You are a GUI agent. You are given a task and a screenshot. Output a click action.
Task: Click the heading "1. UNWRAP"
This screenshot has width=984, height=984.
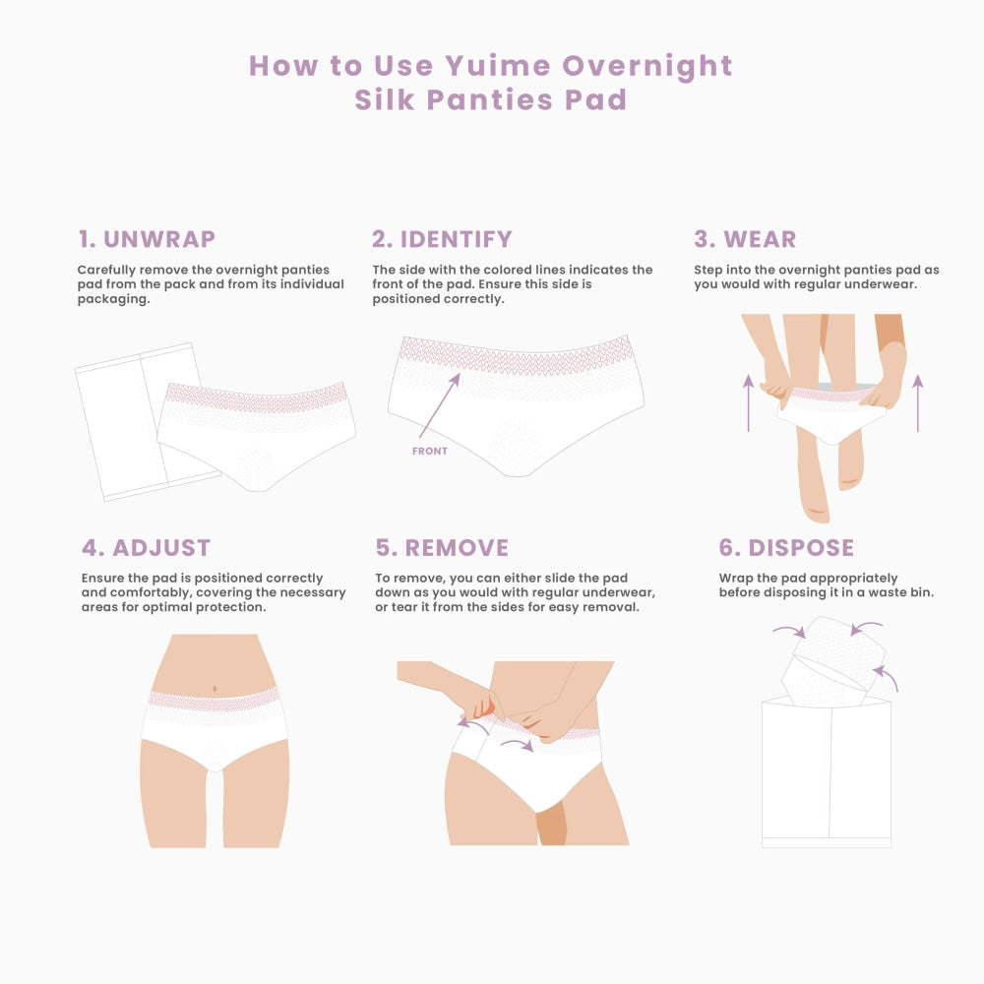coord(147,239)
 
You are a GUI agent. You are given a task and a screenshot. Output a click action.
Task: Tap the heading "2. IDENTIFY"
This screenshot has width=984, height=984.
coord(442,239)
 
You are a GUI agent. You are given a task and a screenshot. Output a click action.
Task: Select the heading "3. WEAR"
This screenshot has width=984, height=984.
coord(745,239)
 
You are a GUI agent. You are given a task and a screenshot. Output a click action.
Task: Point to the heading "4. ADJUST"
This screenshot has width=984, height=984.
coord(147,548)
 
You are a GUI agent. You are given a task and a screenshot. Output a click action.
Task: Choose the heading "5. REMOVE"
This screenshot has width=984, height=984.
coord(442,548)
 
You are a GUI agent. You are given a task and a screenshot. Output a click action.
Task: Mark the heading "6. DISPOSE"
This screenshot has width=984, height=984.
coord(786,548)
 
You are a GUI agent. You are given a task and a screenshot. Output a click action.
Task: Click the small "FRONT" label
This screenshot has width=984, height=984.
coord(430,452)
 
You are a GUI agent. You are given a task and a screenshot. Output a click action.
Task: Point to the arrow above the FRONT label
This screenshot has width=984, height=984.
coord(440,404)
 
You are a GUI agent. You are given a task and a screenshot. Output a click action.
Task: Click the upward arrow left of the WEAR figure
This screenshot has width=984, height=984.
coord(748,402)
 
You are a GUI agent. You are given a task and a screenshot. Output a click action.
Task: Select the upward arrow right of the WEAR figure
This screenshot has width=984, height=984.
coord(917,402)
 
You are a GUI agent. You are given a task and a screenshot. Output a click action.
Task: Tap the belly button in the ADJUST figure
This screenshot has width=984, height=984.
coord(215,689)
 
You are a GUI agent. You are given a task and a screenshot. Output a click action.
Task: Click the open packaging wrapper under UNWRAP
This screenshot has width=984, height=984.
coord(140,422)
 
